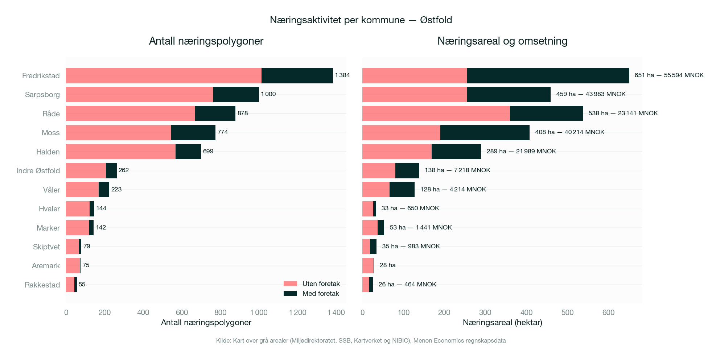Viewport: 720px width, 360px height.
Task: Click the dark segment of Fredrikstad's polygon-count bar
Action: pos(297,76)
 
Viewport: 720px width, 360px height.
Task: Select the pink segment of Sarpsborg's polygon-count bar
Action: pos(140,95)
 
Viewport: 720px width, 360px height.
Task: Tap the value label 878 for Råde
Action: pos(243,113)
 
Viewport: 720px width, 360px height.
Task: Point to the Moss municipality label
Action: pos(51,133)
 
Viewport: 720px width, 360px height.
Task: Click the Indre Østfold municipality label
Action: pos(38,171)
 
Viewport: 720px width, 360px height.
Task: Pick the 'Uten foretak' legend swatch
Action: pos(290,284)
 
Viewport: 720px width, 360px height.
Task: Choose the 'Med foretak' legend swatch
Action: pos(290,294)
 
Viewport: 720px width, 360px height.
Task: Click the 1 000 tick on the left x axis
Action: pos(259,313)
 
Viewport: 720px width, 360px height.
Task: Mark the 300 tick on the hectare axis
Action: pos(485,313)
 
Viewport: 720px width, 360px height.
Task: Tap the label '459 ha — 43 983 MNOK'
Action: pos(591,94)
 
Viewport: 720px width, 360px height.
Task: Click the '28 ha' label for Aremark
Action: pos(387,265)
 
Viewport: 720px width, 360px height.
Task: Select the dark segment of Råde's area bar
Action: pos(546,113)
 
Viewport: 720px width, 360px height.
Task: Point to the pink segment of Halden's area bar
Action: pos(397,152)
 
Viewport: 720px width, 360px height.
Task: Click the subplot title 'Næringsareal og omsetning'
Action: pos(502,41)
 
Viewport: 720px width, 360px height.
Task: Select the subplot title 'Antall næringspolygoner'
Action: pos(206,41)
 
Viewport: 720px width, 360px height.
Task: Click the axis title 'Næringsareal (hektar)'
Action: pos(502,323)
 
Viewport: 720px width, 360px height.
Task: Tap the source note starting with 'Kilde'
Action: pos(361,341)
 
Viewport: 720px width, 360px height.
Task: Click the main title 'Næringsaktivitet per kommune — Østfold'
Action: pos(361,20)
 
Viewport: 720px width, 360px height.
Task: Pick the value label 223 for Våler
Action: pos(116,189)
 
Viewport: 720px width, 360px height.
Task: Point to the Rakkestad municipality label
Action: pos(42,285)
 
